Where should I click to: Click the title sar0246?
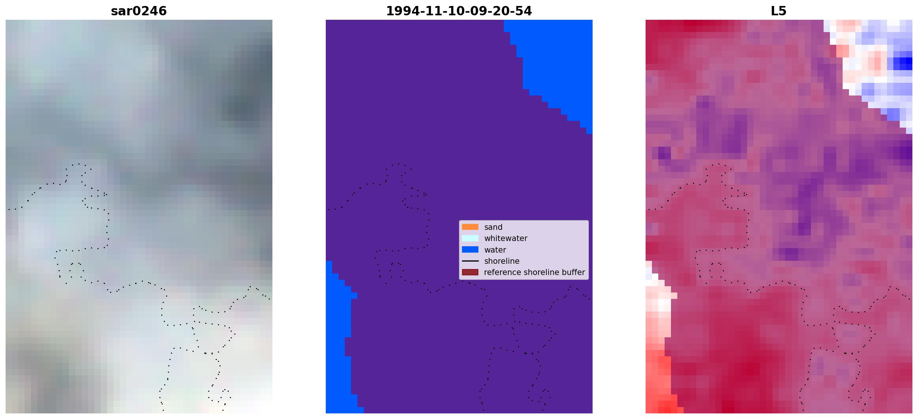(138, 11)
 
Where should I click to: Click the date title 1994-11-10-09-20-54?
(459, 11)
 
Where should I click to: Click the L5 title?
(778, 11)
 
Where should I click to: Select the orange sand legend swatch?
(470, 227)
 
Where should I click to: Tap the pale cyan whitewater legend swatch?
(470, 238)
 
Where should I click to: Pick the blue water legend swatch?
(470, 250)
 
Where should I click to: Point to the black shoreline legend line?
(470, 261)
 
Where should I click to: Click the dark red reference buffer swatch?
(470, 272)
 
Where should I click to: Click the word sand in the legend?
(493, 227)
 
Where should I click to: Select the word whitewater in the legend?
(506, 238)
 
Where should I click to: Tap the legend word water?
(495, 250)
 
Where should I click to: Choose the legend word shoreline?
(502, 261)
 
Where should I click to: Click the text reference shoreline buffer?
(534, 272)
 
